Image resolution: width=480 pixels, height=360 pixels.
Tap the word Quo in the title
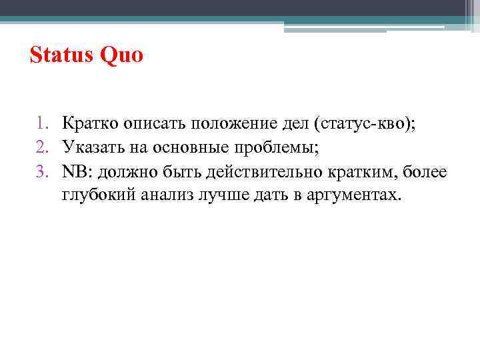121,55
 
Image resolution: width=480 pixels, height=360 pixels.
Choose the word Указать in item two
90,147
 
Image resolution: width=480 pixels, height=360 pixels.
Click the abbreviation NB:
78,171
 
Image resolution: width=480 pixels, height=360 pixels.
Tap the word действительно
265,171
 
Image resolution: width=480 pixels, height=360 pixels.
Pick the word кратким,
360,171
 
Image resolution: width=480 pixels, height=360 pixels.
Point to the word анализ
171,195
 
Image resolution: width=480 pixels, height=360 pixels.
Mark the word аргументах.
357,195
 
